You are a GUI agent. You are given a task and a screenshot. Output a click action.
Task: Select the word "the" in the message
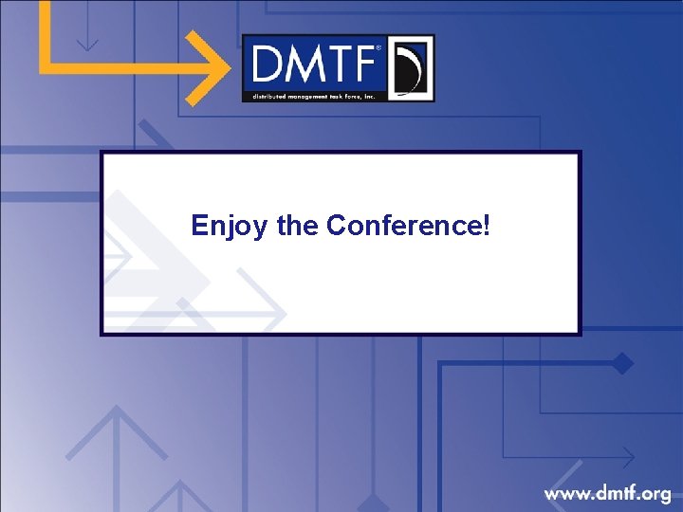point(298,226)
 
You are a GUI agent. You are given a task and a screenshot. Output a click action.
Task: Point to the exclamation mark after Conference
point(487,225)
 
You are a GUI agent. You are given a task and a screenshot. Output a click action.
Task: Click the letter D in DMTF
point(268,65)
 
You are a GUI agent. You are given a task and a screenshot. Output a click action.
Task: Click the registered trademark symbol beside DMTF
point(380,47)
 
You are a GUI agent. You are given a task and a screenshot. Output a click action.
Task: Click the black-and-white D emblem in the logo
point(410,68)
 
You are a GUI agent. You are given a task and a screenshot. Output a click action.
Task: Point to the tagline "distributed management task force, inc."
point(314,95)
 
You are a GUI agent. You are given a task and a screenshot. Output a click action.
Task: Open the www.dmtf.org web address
point(607,493)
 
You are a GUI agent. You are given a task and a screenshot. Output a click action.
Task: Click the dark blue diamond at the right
point(622,362)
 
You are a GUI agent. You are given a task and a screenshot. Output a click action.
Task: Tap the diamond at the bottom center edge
point(372,503)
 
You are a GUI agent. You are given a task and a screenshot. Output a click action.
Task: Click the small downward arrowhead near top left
point(87,43)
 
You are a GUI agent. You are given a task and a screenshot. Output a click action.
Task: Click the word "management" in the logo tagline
point(305,95)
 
